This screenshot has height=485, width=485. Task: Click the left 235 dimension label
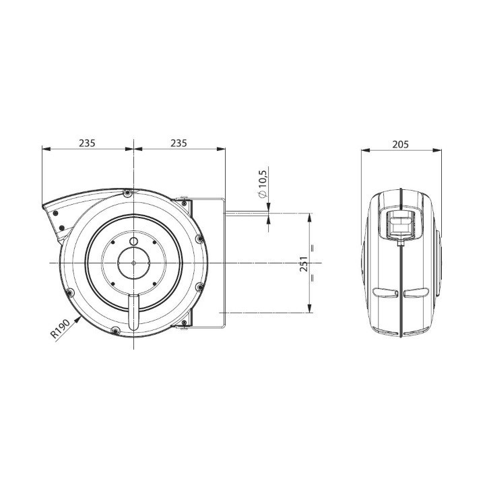[87, 143]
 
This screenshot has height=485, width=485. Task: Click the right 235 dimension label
[179, 143]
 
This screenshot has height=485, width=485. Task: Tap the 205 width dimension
[401, 144]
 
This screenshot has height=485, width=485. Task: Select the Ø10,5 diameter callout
[262, 183]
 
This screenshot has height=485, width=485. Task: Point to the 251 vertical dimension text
[304, 263]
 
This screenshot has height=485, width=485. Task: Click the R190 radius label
[61, 329]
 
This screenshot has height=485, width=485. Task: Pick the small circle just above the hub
[133, 241]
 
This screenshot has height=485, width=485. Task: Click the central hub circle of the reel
[133, 263]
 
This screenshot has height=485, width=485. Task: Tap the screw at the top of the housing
[127, 193]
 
